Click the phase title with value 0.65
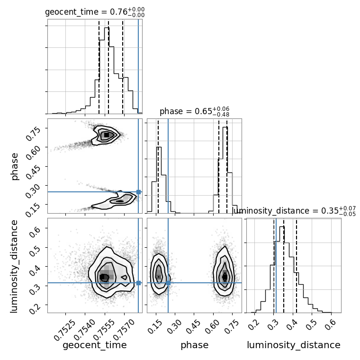[x=194, y=112]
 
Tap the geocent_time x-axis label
[x=95, y=345]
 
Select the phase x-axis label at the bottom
[x=194, y=345]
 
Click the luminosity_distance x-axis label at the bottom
[x=294, y=345]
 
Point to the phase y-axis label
[x=15, y=166]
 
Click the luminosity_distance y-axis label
[x=15, y=265]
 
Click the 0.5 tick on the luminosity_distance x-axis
[x=311, y=325]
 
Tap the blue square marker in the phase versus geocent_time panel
[x=138, y=192]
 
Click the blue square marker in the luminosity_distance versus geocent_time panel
[x=138, y=283]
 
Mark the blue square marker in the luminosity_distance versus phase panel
[x=168, y=283]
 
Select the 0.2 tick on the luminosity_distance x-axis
[x=254, y=325]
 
